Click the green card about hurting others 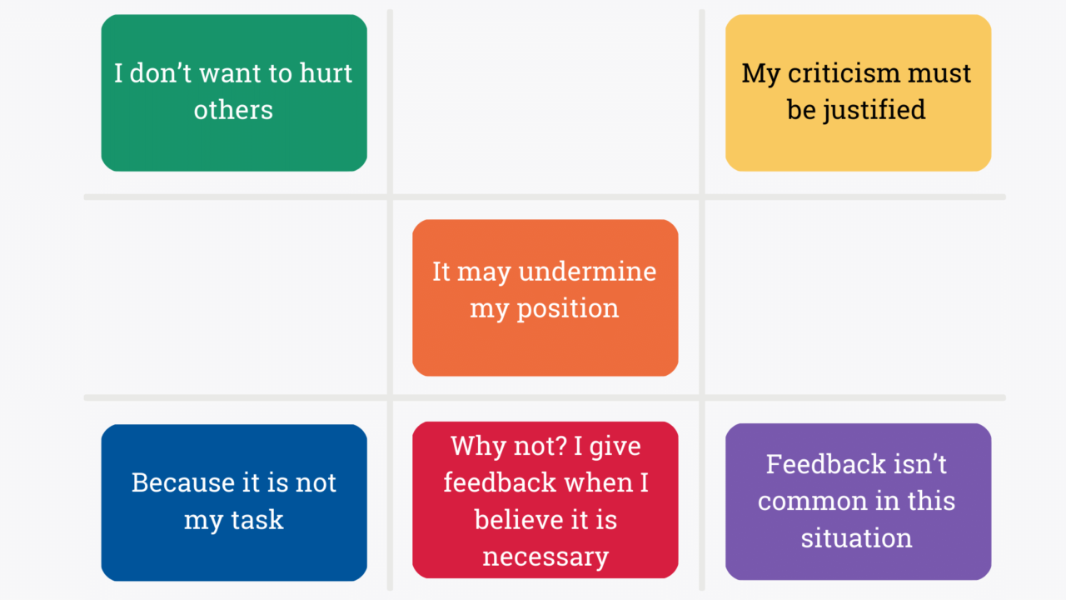coord(234,92)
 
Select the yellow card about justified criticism coord(858,92)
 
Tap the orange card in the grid coord(545,297)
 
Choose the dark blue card coord(234,502)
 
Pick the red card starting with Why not coord(545,500)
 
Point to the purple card coord(858,502)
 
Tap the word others coord(233,110)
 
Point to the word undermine coord(587,272)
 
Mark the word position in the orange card coord(567,309)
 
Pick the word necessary coord(545,556)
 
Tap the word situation coord(856,537)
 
